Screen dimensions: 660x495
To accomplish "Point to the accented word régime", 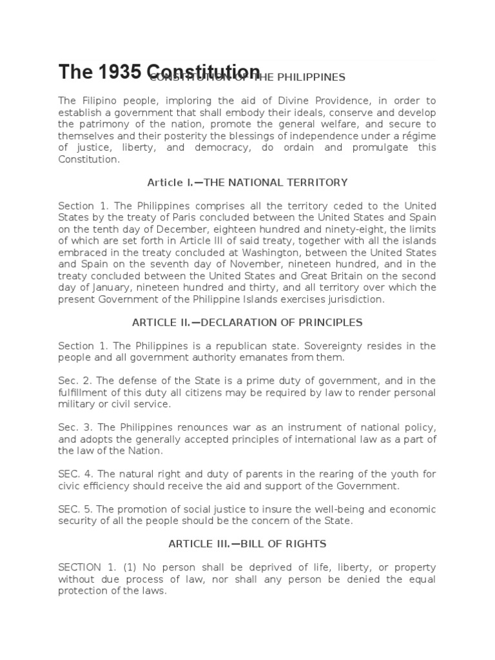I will coord(418,136).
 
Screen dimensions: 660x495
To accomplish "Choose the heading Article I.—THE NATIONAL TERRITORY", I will coord(247,182).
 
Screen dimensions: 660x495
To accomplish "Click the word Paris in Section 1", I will coord(186,217).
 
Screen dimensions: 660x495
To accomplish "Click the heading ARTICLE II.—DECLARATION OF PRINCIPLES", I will coord(247,322).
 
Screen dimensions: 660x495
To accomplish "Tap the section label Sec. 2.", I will coord(72,380).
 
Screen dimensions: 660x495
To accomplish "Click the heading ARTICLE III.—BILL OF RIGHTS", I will coord(247,543).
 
